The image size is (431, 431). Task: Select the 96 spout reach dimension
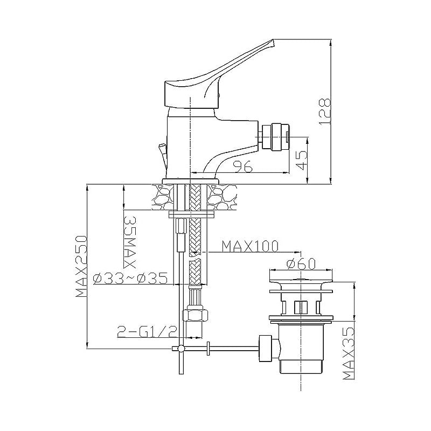(242, 166)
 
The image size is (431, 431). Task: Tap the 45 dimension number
(301, 160)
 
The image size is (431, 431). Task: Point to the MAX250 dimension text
(81, 266)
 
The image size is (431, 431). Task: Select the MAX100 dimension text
(250, 246)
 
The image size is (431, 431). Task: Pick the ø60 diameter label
(301, 264)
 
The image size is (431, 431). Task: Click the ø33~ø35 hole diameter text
(130, 279)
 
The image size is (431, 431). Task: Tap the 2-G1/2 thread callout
(147, 332)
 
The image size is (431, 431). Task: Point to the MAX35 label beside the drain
(349, 353)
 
